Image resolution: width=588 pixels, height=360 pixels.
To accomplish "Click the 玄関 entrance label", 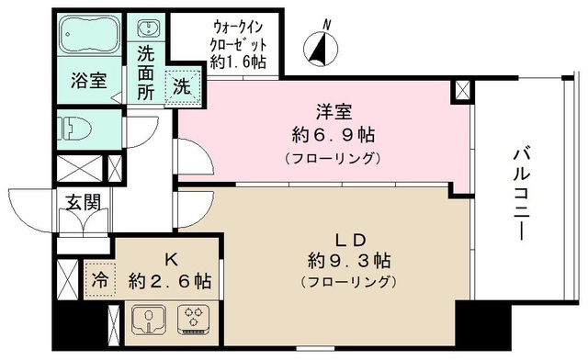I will (81, 202).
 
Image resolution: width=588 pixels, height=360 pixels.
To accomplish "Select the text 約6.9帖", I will (330, 136).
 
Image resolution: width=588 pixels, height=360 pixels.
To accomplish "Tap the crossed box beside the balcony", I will (462, 90).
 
